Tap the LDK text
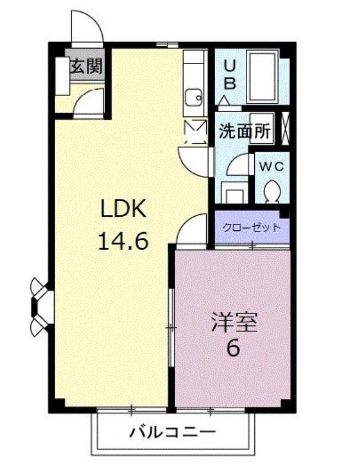tap(124, 208)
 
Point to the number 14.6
tap(123, 241)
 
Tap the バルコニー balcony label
tap(173, 432)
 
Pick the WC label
tap(272, 166)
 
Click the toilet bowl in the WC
tap(272, 191)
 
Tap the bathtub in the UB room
tap(263, 77)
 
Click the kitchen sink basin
tap(194, 98)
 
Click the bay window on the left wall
tap(40, 307)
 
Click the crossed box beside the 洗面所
tap(286, 129)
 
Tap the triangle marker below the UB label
tap(224, 100)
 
